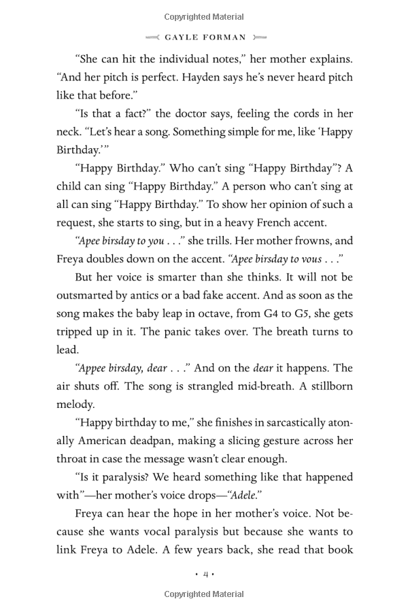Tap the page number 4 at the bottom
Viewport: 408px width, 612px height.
coord(205,575)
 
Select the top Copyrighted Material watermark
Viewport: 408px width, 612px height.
coord(204,17)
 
